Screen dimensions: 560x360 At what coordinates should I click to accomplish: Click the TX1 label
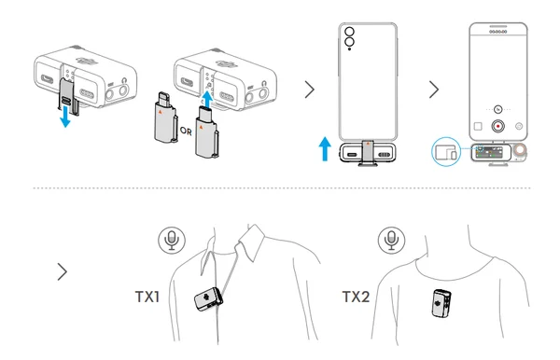click(x=147, y=297)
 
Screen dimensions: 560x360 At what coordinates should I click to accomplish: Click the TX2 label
click(x=356, y=297)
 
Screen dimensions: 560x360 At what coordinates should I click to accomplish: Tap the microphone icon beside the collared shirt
click(x=172, y=240)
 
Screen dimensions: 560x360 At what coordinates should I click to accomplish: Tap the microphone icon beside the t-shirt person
click(x=391, y=240)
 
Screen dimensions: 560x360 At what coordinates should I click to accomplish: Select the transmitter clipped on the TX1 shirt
click(x=208, y=299)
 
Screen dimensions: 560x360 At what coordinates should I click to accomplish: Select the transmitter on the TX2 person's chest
click(x=441, y=303)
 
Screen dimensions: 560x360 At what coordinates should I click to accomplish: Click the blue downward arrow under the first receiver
click(x=65, y=117)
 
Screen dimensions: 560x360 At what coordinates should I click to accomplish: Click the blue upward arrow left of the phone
click(x=325, y=149)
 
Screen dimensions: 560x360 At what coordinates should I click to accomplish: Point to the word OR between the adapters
click(x=186, y=132)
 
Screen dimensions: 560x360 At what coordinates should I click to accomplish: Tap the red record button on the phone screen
click(x=497, y=126)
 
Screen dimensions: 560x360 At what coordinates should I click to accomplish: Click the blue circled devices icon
click(x=446, y=152)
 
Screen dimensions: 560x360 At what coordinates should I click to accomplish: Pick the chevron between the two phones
click(x=434, y=90)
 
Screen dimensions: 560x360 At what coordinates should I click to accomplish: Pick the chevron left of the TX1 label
click(x=63, y=272)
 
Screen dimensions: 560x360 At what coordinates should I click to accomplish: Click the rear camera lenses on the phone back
click(x=349, y=37)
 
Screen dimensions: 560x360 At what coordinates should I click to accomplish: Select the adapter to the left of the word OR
click(x=166, y=118)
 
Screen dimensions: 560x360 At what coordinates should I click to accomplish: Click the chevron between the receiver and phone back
click(x=309, y=90)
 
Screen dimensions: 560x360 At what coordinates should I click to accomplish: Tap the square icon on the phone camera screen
click(x=478, y=126)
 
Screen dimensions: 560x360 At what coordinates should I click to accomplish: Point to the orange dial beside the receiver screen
click(x=521, y=150)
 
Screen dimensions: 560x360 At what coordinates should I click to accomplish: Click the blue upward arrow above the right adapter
click(x=207, y=97)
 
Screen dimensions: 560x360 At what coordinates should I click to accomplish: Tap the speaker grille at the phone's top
click(x=497, y=32)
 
